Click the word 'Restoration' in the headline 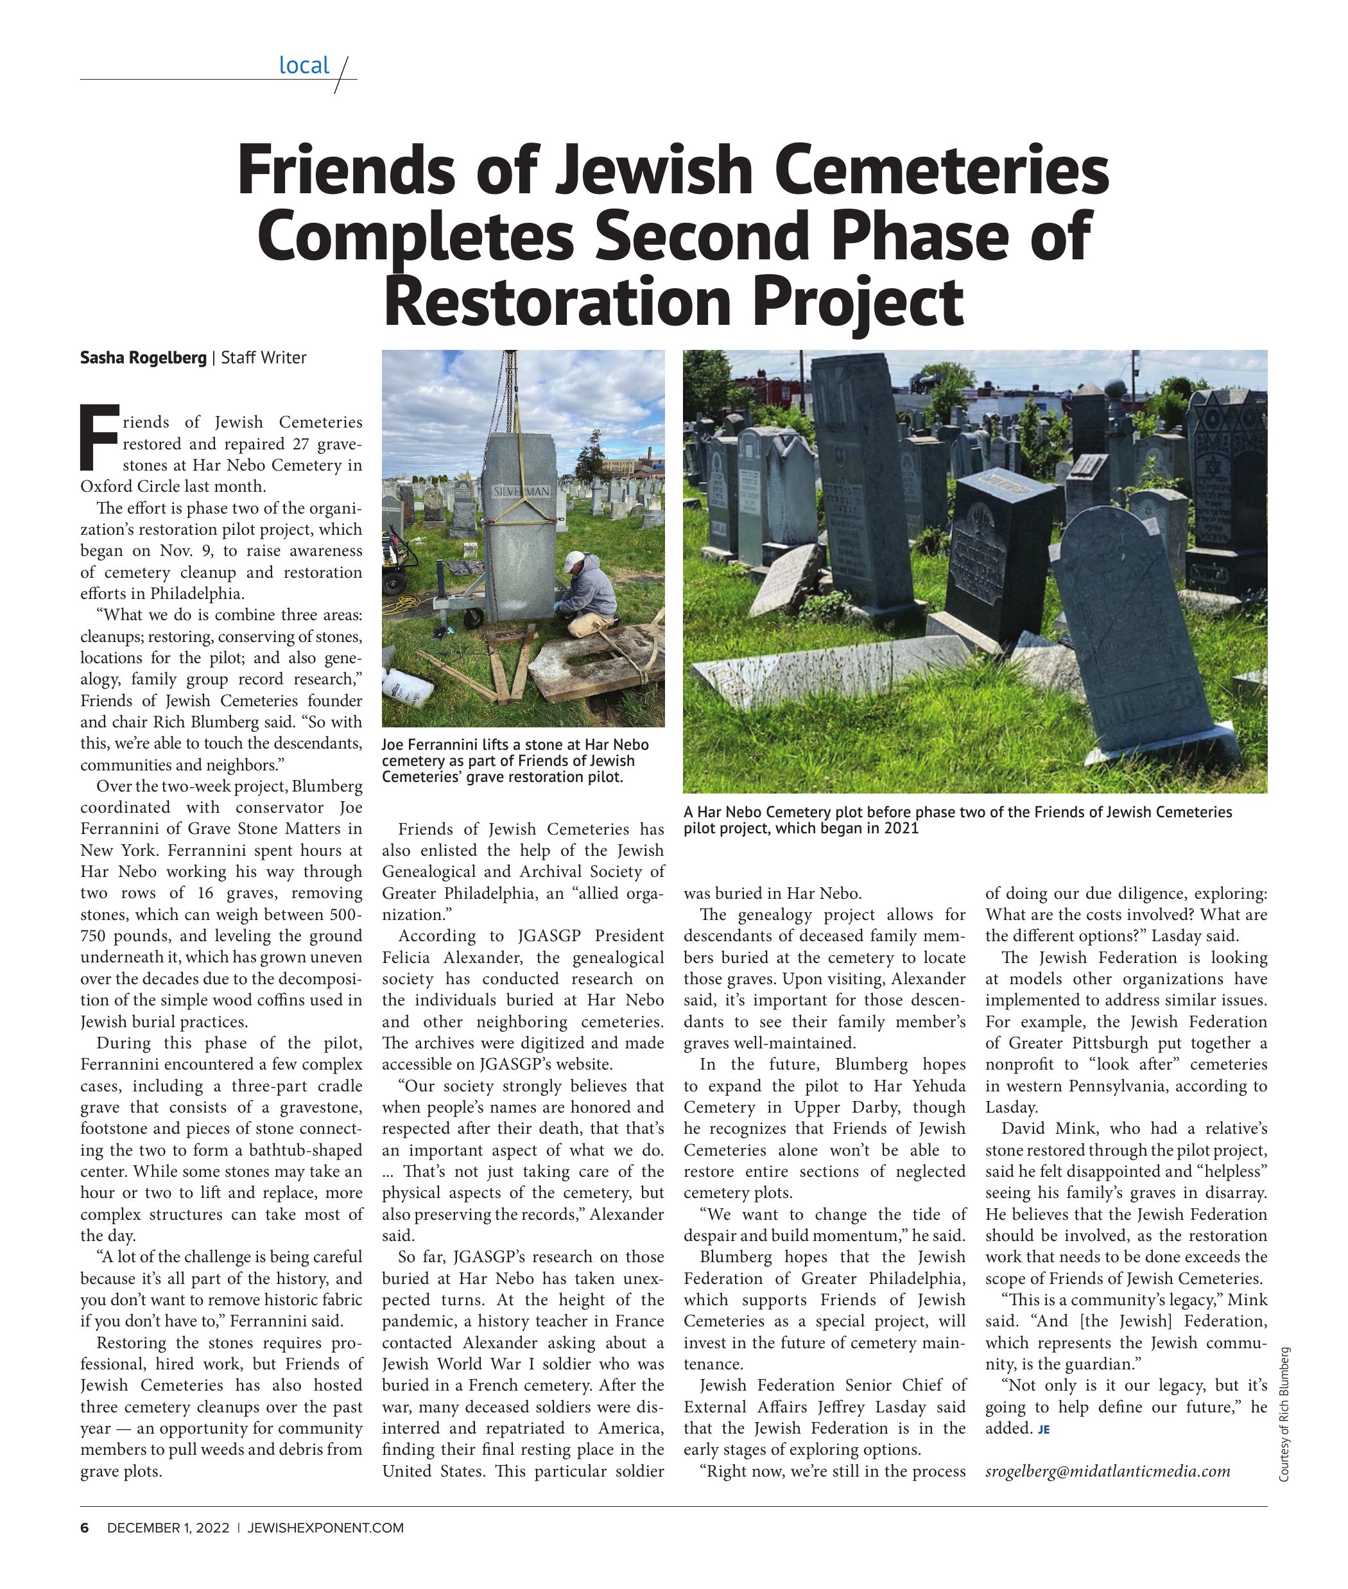pos(557,302)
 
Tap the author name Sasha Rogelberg pos(143,358)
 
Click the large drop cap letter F pos(99,437)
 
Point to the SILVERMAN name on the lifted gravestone pos(521,491)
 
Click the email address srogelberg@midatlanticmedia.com pos(1107,1472)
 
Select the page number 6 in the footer pos(85,1528)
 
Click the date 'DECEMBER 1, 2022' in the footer pos(168,1528)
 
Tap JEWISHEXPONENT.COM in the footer pos(325,1528)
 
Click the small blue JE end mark pos(1044,1429)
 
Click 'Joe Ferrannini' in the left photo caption pos(426,745)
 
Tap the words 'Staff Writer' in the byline pos(264,358)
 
